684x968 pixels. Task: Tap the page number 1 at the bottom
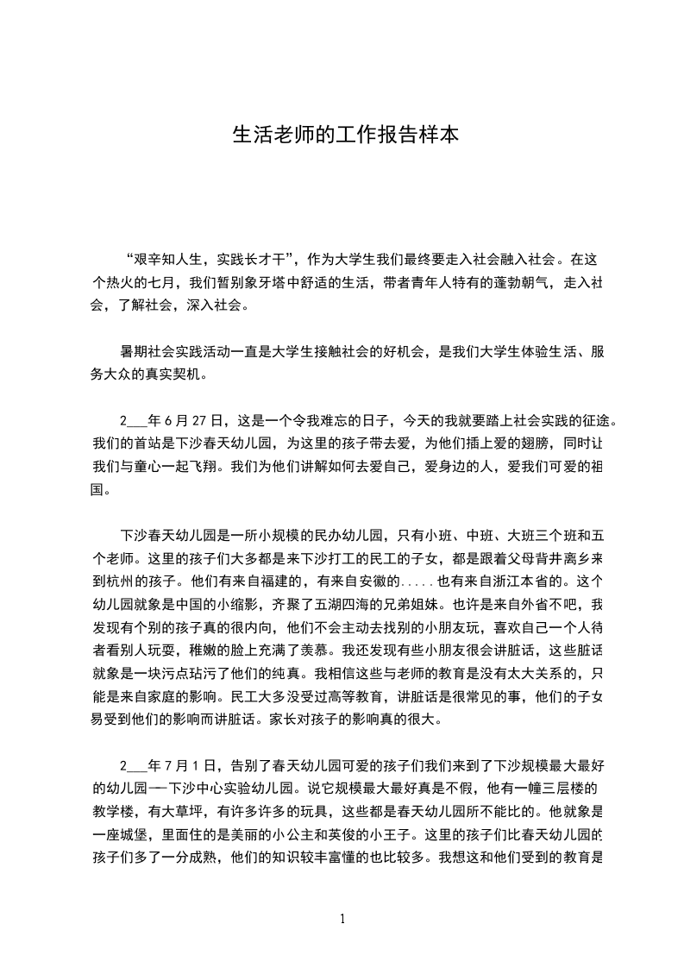(x=342, y=919)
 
